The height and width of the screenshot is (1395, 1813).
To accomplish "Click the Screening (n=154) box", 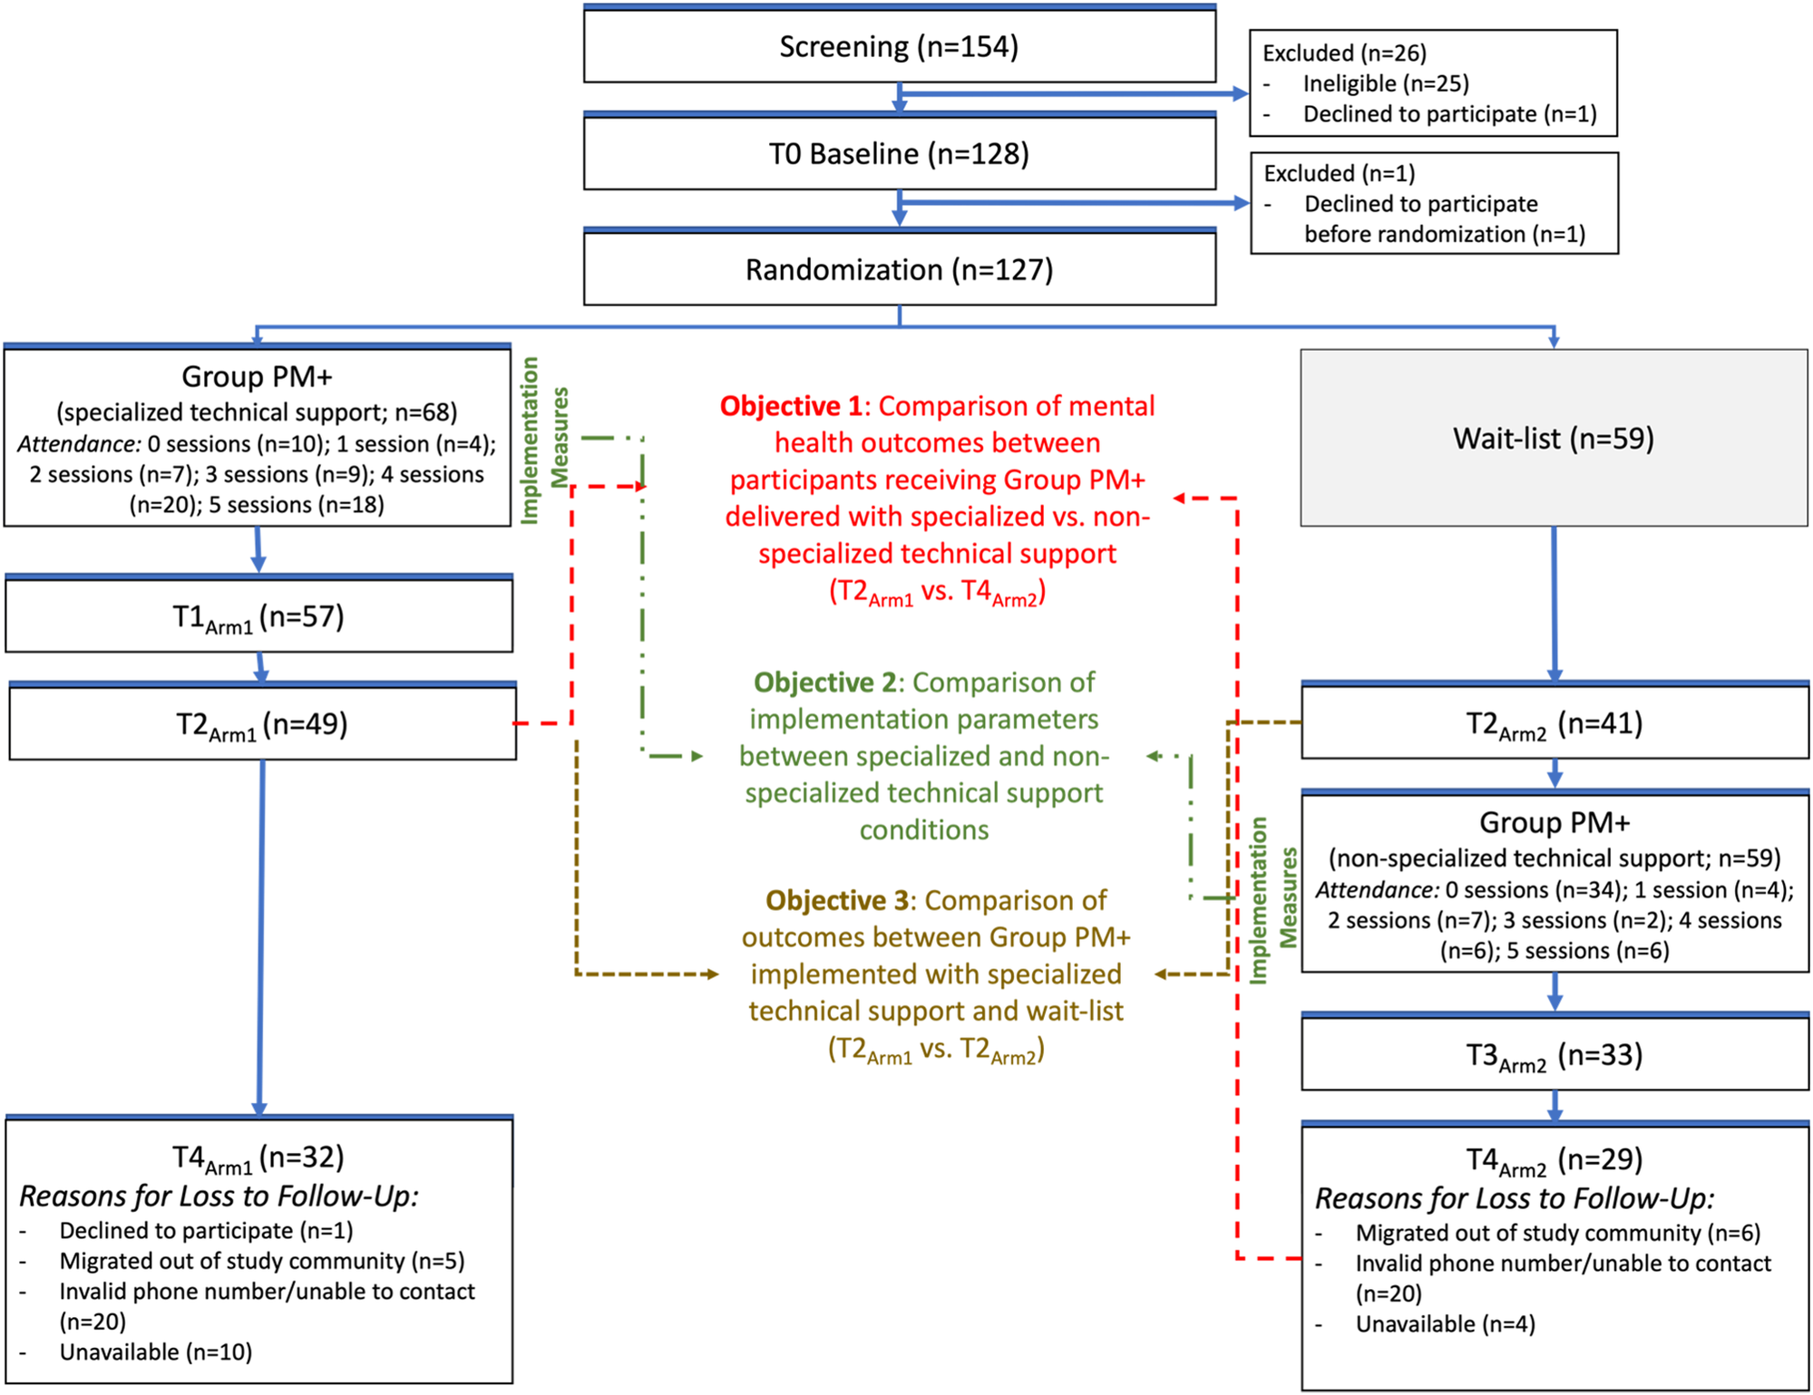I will click(x=899, y=47).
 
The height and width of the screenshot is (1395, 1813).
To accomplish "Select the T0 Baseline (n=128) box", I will click(x=899, y=154).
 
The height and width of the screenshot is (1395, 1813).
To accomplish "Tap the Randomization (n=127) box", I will click(x=899, y=270).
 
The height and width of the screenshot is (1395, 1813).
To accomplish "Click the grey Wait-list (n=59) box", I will click(x=1553, y=439).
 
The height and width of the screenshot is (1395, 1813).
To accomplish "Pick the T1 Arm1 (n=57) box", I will click(x=258, y=617).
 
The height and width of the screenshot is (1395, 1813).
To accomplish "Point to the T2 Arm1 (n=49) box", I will click(x=262, y=724).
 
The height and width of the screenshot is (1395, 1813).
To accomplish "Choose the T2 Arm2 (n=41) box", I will click(x=1554, y=724).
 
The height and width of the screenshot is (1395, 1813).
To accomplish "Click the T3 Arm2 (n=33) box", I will click(x=1554, y=1055).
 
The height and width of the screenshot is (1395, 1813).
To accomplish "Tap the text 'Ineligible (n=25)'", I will click(x=1385, y=84).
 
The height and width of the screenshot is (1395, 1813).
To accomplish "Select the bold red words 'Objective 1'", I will click(x=790, y=406).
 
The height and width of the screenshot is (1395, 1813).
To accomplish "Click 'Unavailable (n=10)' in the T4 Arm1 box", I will click(x=155, y=1352).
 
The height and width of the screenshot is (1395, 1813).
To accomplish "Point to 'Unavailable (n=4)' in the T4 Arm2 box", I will click(x=1445, y=1324).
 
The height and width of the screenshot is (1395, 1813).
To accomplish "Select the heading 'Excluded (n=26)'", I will click(x=1344, y=53).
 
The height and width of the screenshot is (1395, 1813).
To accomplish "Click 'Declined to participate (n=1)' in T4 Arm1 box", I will click(x=206, y=1231).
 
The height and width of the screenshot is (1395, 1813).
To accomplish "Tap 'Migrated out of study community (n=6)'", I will click(x=1557, y=1234).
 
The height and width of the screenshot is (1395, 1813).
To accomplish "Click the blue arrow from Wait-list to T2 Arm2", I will click(x=1554, y=603).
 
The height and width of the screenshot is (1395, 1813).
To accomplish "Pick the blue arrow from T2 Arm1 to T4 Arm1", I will click(x=261, y=934).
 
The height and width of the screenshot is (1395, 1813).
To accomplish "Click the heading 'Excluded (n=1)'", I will click(x=1339, y=173).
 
